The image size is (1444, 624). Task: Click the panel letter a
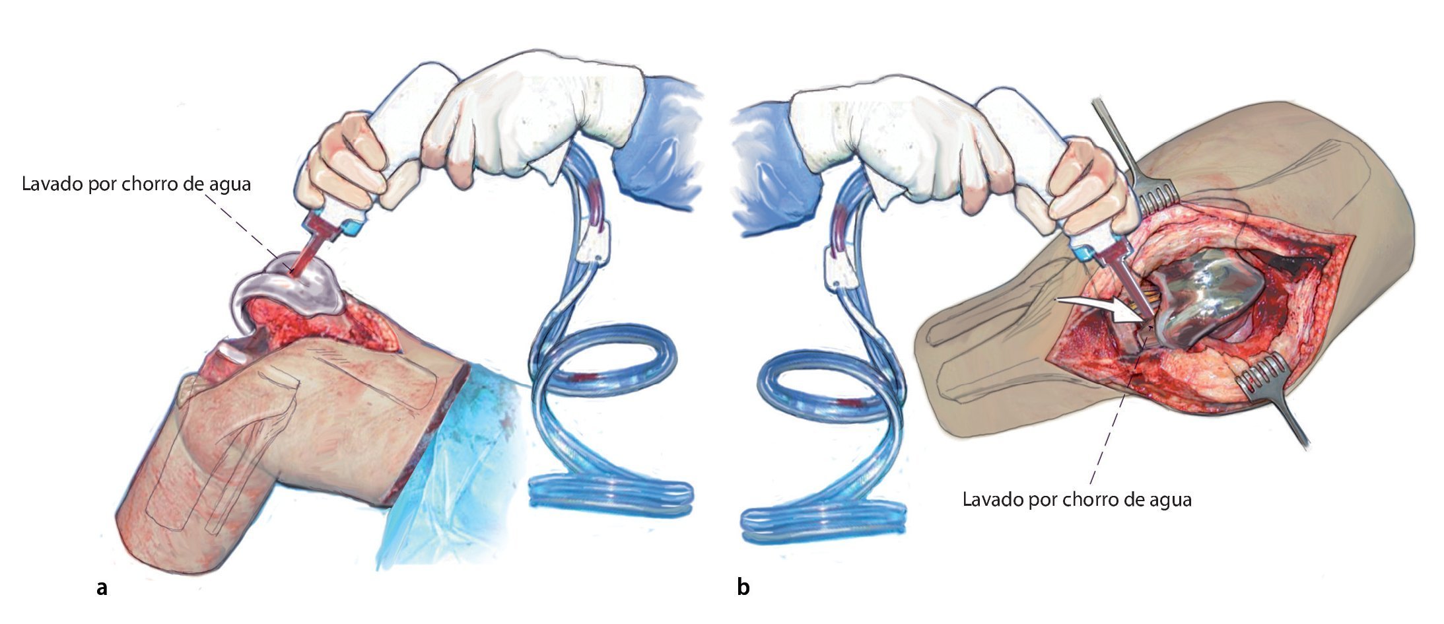(x=102, y=587)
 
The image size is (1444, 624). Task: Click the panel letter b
(x=743, y=587)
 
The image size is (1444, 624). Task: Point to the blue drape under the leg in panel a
(x=449, y=475)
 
